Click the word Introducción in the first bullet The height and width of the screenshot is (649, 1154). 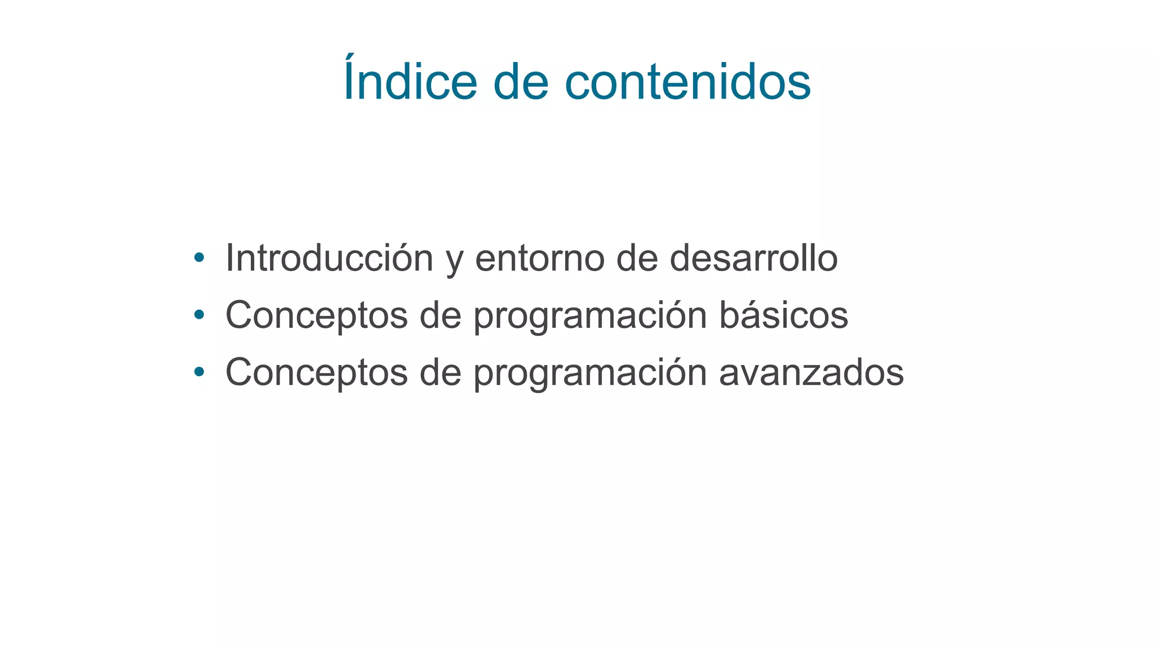click(x=329, y=258)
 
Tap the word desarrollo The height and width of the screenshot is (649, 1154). click(x=753, y=258)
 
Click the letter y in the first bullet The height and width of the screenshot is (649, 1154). click(x=454, y=261)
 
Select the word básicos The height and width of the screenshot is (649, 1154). click(x=783, y=315)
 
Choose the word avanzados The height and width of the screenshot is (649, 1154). click(x=811, y=372)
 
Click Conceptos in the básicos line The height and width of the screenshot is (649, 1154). click(x=316, y=315)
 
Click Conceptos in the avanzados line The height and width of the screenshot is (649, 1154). click(x=316, y=372)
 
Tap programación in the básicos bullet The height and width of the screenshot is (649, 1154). click(x=590, y=317)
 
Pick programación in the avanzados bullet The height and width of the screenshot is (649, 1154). click(x=590, y=374)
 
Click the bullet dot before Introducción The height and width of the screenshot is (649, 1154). click(x=198, y=258)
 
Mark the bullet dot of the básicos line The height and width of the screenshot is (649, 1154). click(x=198, y=315)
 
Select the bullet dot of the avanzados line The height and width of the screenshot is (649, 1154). click(x=198, y=372)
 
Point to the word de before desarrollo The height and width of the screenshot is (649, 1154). click(x=637, y=258)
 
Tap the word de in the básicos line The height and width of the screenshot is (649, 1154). click(x=440, y=315)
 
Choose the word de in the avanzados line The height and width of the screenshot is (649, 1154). click(x=440, y=372)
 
